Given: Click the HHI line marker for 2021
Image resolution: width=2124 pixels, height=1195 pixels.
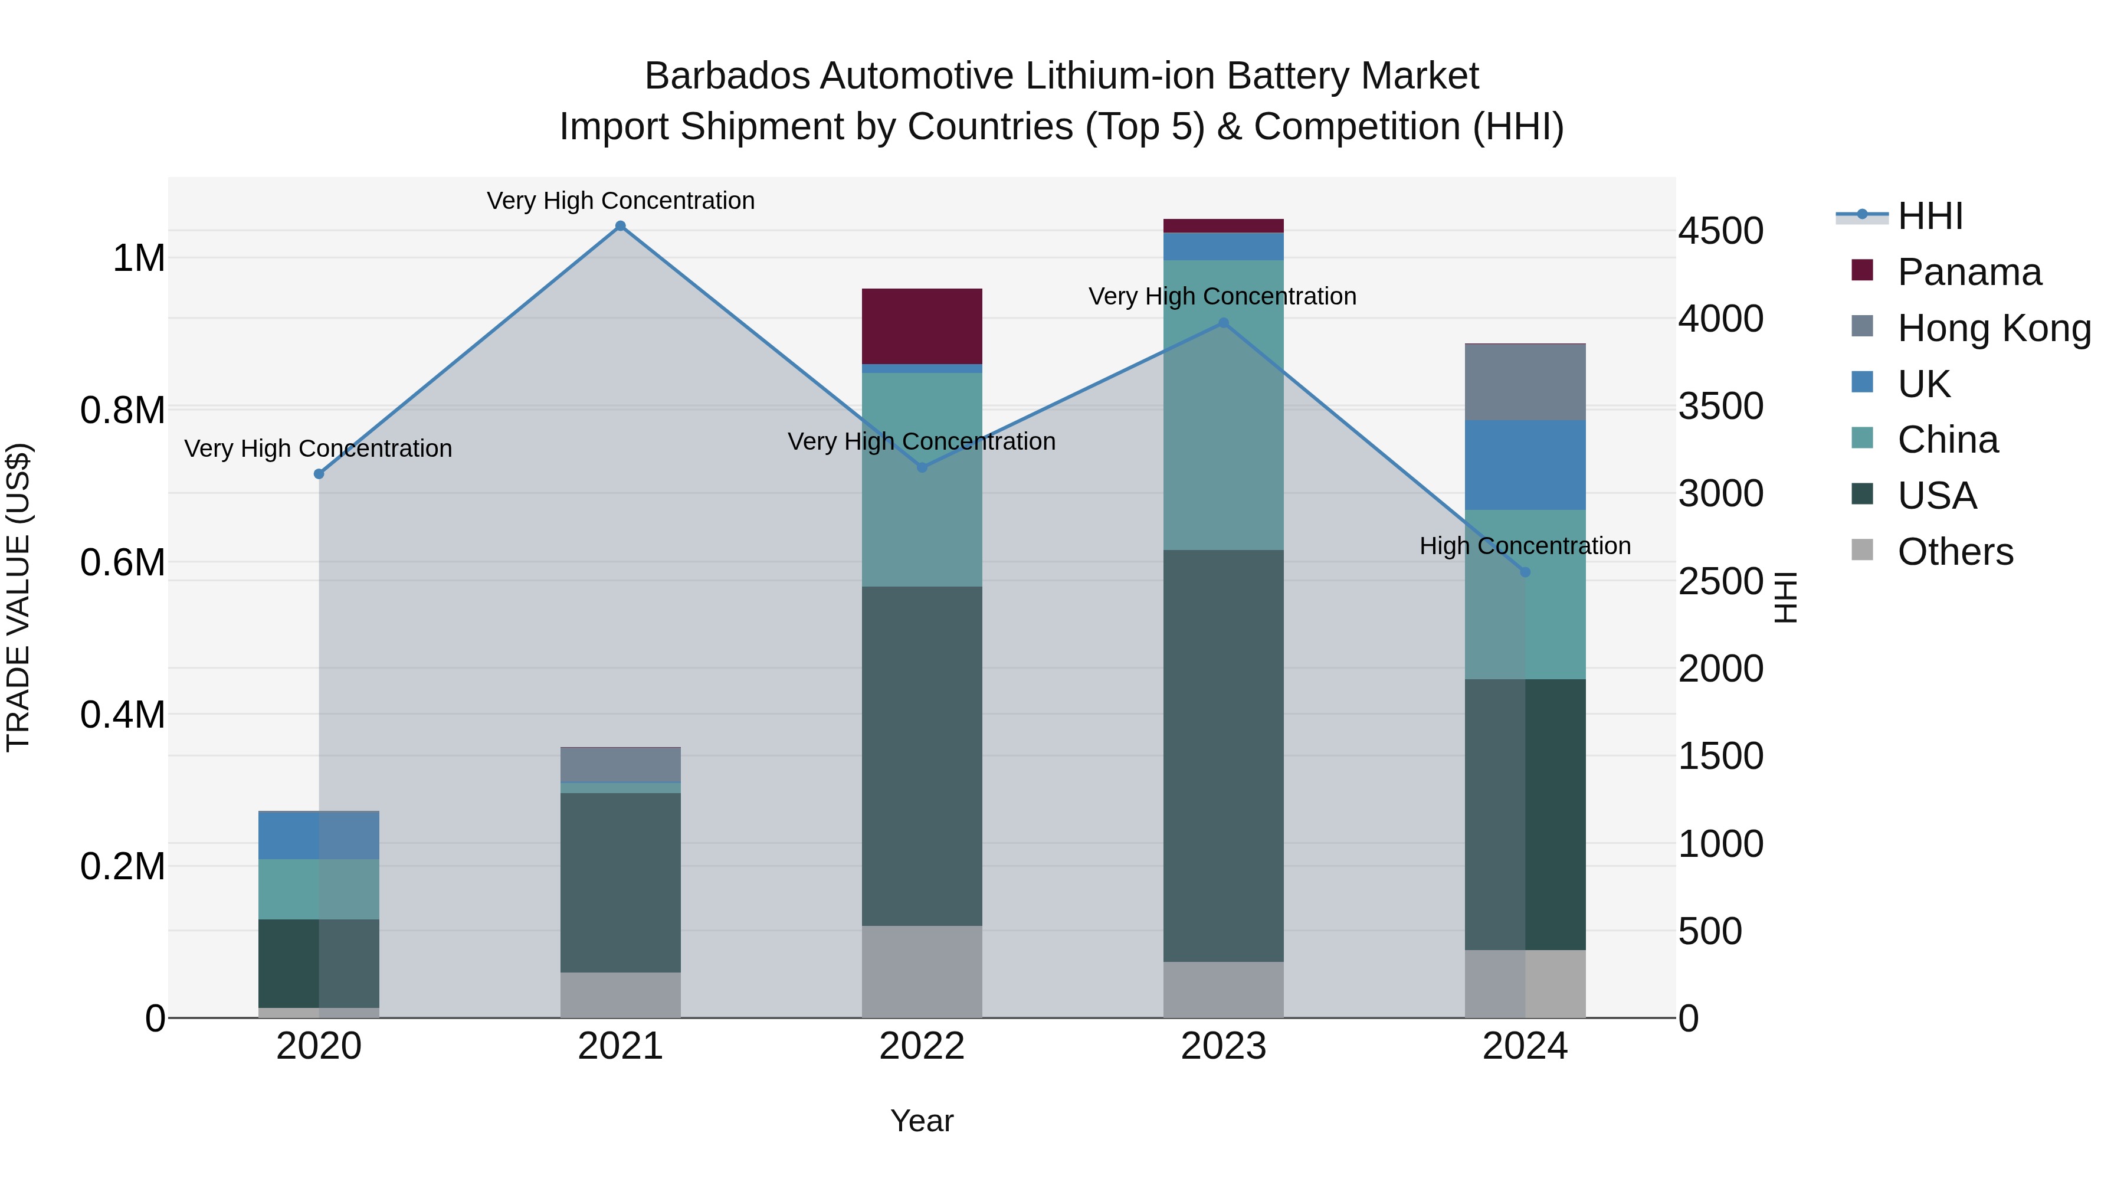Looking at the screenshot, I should [621, 226].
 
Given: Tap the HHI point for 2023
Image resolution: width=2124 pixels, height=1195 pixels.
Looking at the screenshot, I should [1224, 323].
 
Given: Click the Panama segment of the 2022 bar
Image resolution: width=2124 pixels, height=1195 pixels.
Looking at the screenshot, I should [922, 326].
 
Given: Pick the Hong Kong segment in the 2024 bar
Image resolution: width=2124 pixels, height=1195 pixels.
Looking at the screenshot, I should [1525, 382].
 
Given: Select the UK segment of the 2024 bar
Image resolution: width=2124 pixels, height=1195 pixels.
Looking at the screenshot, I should [1525, 465].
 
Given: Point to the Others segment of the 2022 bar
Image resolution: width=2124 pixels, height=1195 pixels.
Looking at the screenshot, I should [922, 971].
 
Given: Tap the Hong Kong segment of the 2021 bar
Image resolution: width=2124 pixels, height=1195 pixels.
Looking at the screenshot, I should [621, 764].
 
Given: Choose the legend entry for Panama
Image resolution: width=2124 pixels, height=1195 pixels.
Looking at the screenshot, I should [1969, 272].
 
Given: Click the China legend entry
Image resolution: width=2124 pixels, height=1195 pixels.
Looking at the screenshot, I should [1948, 440].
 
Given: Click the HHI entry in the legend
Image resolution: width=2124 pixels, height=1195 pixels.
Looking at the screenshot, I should [1929, 216].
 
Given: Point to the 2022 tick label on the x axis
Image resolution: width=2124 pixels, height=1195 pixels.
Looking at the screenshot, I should [922, 1046].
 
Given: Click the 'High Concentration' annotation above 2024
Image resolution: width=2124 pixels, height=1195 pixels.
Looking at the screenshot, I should [1525, 546].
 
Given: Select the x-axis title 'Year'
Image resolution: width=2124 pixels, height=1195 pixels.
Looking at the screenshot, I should [922, 1121].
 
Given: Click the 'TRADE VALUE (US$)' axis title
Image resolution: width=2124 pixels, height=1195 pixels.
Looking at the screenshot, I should [18, 597].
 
